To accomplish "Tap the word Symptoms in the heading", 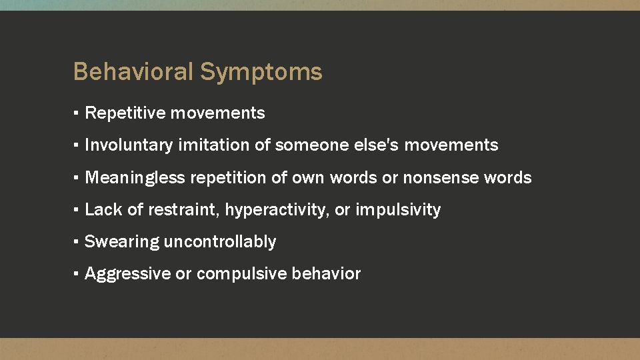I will [x=261, y=72].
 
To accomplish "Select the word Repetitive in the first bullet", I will [x=125, y=113].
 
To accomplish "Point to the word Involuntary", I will [x=129, y=145].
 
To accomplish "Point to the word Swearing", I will [x=121, y=242].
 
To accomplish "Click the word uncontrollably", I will [x=219, y=241].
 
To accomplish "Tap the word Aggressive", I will [x=127, y=274].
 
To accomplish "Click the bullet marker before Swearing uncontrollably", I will [x=77, y=241].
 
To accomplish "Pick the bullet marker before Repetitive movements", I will [x=77, y=113].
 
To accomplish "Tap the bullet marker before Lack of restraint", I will [x=77, y=209].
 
